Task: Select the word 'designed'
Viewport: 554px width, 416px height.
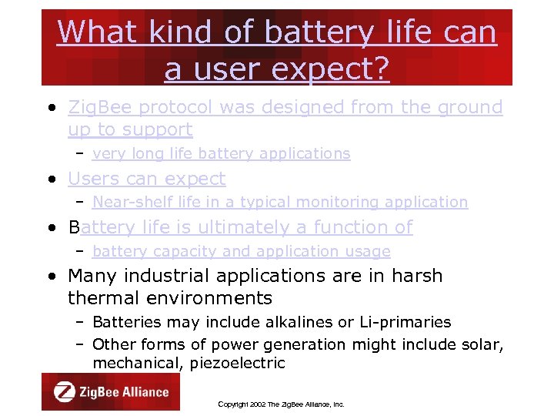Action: click(298, 107)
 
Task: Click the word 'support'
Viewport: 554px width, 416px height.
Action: click(157, 129)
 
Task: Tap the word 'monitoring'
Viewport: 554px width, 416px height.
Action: click(345, 202)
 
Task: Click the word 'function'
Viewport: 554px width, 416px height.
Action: click(352, 227)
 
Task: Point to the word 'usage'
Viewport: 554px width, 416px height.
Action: click(371, 251)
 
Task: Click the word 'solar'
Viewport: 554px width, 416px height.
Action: click(483, 344)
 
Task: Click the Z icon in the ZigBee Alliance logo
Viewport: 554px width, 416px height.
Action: click(64, 391)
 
